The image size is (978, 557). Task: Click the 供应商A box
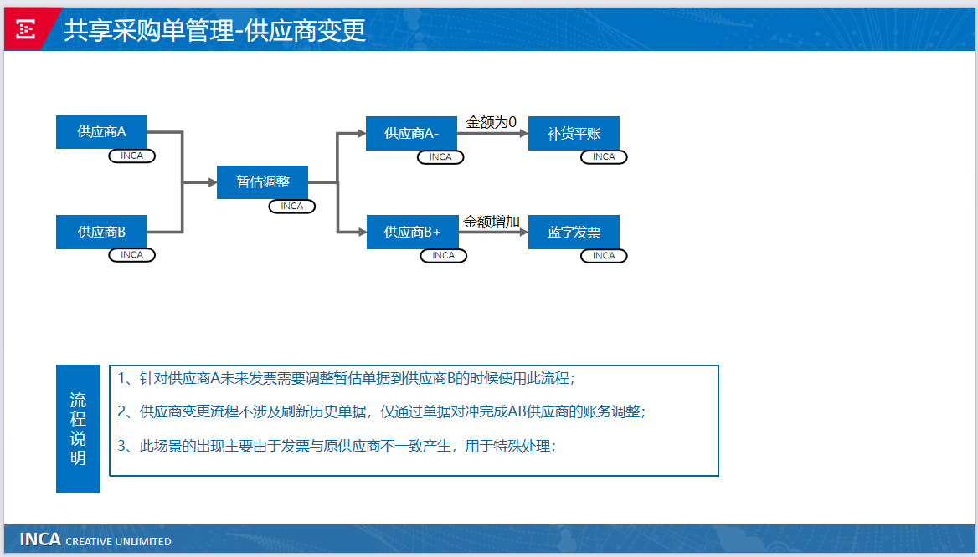click(x=101, y=132)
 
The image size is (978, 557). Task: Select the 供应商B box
click(x=101, y=232)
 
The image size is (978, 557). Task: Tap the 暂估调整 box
click(x=263, y=182)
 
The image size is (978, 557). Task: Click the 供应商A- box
click(x=411, y=133)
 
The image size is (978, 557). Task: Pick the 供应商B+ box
click(x=412, y=232)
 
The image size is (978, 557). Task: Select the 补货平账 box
click(x=574, y=133)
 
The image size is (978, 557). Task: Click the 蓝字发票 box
click(x=574, y=232)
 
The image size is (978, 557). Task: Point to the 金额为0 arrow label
click(x=491, y=122)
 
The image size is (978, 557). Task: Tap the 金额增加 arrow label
click(x=492, y=222)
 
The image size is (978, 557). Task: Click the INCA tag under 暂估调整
click(x=292, y=207)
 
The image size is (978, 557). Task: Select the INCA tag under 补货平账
click(x=604, y=157)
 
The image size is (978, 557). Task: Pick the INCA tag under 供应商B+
click(x=444, y=255)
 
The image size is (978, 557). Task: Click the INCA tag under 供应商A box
click(x=131, y=156)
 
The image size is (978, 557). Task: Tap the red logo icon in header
click(x=26, y=29)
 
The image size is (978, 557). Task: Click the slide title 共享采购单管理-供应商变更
click(x=214, y=31)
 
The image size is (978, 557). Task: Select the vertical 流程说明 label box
click(x=78, y=429)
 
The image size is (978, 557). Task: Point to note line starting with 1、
click(x=346, y=378)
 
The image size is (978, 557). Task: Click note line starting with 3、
click(x=337, y=446)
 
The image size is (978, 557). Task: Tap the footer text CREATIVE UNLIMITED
click(x=119, y=541)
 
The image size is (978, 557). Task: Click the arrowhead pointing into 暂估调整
click(x=213, y=182)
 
